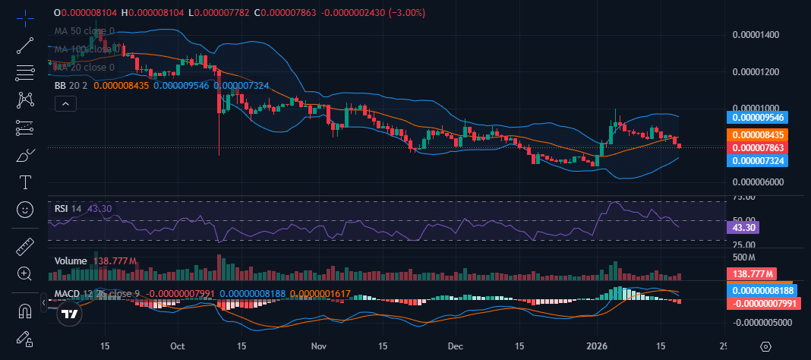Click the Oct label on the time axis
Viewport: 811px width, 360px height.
pos(178,346)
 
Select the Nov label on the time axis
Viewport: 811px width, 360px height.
pos(318,346)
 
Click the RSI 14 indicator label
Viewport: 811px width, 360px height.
pos(68,207)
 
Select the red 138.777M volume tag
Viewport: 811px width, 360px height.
pos(750,273)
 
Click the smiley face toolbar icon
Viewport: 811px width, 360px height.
pos(25,209)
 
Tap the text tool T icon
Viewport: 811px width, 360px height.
pos(25,182)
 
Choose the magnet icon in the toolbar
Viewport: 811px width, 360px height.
pos(25,311)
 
